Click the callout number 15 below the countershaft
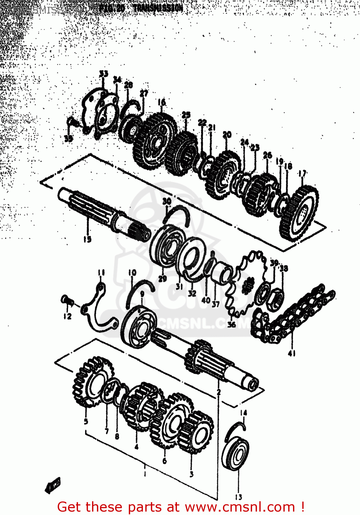tap(87, 239)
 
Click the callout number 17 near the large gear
tap(302, 174)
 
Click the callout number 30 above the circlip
tap(167, 201)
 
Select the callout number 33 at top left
tap(103, 74)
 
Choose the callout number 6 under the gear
tap(165, 460)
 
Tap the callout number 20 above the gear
tap(227, 135)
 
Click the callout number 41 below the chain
tap(292, 353)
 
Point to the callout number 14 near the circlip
tap(243, 412)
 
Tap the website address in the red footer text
tap(240, 507)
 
